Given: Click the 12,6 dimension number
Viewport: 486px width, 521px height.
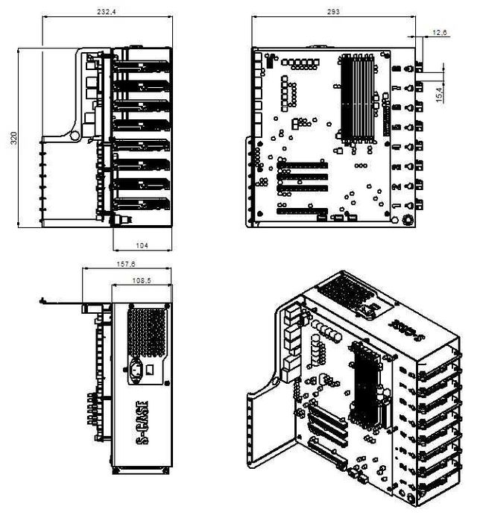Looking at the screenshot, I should (439, 32).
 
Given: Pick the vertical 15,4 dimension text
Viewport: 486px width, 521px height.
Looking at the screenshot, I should (439, 95).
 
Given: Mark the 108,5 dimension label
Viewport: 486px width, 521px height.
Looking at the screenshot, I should (140, 280).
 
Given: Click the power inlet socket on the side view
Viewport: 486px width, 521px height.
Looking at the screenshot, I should (136, 369).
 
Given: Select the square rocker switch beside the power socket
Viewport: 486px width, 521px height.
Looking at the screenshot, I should (151, 369).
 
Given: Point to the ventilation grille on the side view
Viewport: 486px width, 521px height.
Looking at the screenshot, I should (146, 330).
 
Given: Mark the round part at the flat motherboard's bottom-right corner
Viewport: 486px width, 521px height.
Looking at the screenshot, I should (408, 221).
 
